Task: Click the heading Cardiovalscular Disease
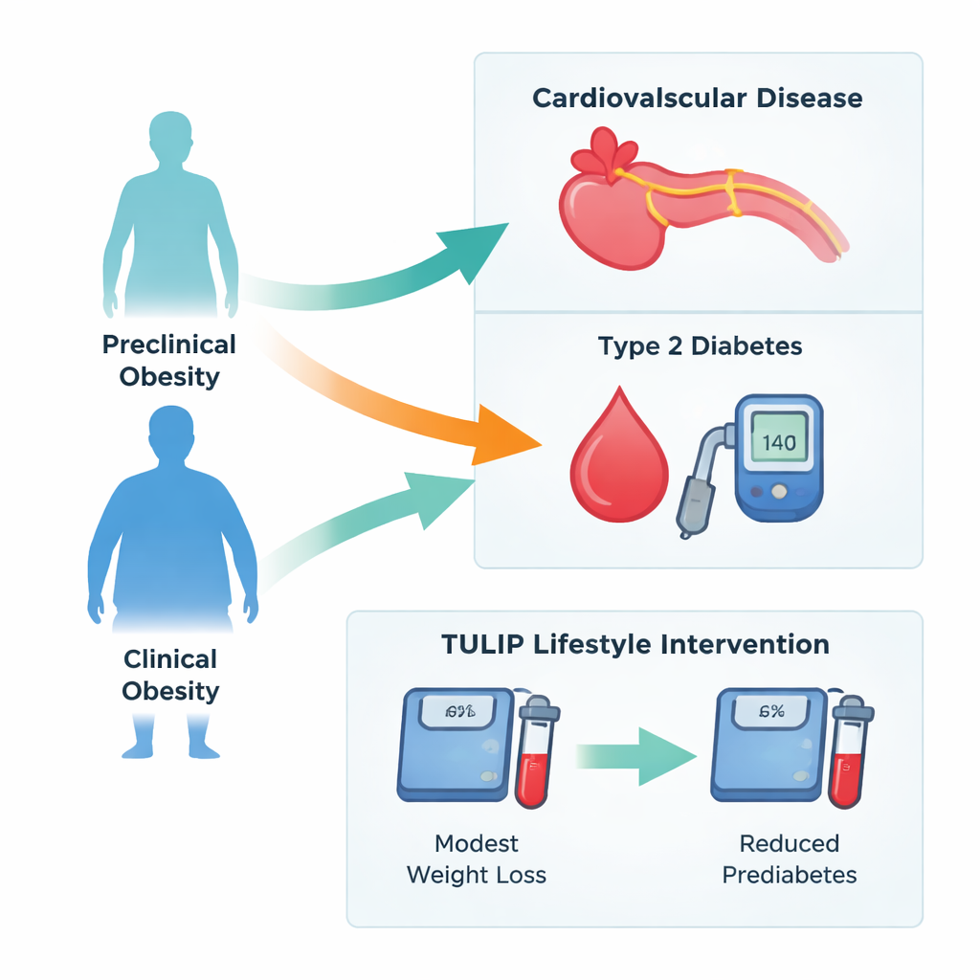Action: click(x=697, y=98)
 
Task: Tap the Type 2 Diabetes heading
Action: click(x=700, y=345)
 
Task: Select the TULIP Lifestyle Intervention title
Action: click(x=635, y=644)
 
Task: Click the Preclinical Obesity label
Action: click(x=169, y=360)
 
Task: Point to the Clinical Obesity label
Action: click(x=170, y=675)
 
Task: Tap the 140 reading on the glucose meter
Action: click(x=779, y=443)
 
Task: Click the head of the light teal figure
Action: click(x=170, y=136)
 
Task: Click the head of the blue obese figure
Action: click(x=171, y=435)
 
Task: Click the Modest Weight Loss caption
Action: click(x=477, y=858)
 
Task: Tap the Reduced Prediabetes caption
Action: click(x=790, y=858)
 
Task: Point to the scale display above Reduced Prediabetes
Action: click(x=771, y=711)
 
